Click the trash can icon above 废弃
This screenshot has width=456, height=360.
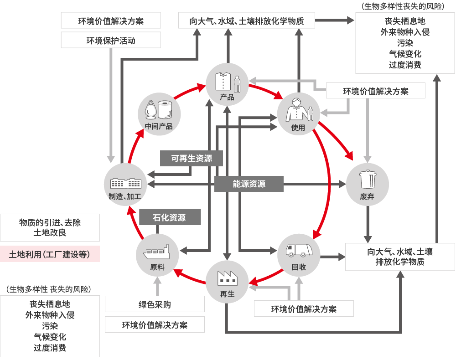point(368,179)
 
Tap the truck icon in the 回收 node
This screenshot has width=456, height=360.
point(299,251)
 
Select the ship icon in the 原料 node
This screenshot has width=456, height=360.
point(157,252)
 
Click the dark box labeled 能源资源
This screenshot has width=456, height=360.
point(249,184)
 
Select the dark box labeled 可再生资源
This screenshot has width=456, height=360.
point(192,158)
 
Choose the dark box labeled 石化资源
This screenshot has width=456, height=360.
point(170,217)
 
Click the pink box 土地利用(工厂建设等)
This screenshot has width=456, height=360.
point(50,254)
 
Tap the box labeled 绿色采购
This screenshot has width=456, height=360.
point(155,304)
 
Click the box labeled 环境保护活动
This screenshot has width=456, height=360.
point(111,41)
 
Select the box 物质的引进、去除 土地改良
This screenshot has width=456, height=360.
point(50,227)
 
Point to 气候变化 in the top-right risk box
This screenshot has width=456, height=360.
point(405,54)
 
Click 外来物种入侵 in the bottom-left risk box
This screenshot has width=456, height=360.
point(50,315)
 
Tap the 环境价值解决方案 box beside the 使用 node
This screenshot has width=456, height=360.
point(376,91)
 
